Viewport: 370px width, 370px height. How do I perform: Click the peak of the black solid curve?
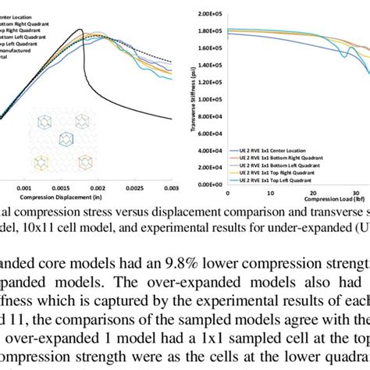tap(80, 30)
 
